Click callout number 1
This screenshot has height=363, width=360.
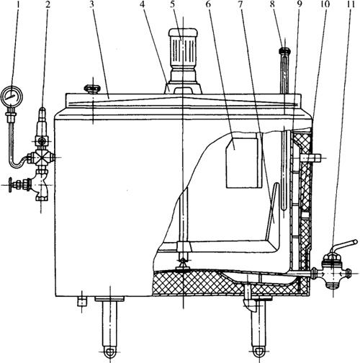click(x=18, y=4)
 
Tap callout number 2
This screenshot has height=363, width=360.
click(x=48, y=4)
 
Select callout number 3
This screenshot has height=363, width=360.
click(x=91, y=4)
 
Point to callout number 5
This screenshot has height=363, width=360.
click(x=173, y=4)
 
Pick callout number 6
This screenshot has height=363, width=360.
click(x=208, y=4)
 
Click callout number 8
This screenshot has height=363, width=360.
click(x=271, y=4)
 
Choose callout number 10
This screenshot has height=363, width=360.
click(x=326, y=4)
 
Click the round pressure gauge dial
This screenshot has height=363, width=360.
click(x=12, y=97)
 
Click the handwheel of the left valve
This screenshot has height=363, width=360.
click(x=10, y=185)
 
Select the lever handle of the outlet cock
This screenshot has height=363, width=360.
click(x=343, y=246)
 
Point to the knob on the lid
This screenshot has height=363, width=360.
click(x=92, y=89)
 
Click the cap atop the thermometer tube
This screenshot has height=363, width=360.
click(x=285, y=51)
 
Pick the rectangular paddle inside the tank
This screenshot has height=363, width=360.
click(x=243, y=163)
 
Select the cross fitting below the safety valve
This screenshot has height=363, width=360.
click(x=42, y=158)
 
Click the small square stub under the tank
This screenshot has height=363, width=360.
click(x=82, y=302)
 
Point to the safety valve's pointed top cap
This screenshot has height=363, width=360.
click(x=42, y=114)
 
